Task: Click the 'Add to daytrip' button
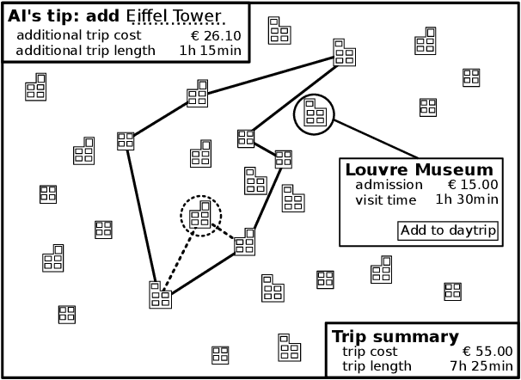tap(448, 230)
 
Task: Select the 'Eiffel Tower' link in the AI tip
tap(175, 17)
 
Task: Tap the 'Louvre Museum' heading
tap(419, 169)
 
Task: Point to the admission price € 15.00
tap(473, 185)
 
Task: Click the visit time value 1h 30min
tap(466, 200)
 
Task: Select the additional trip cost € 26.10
tap(215, 36)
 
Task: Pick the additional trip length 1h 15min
tap(210, 51)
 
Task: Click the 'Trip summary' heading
tap(395, 336)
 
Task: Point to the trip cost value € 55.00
tap(487, 352)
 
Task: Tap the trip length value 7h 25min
tap(481, 366)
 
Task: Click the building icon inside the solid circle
tap(314, 113)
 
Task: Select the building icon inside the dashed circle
tap(200, 215)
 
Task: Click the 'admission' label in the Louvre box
tap(389, 185)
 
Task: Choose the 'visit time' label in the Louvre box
tap(385, 200)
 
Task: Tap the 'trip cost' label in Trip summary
tap(370, 352)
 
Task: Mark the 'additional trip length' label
tap(86, 51)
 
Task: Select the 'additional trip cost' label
tap(78, 36)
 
